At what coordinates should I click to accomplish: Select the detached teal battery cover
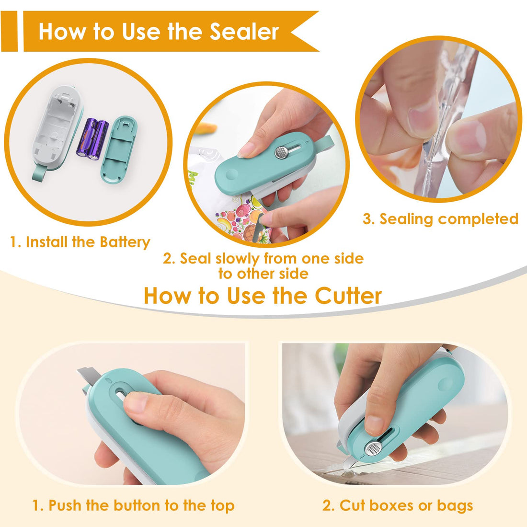point(118,149)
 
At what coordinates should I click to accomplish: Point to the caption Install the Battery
point(80,242)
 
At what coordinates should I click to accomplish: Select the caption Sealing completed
point(440,219)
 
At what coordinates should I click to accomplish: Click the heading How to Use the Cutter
point(263,295)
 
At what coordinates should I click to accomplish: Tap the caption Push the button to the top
point(133,505)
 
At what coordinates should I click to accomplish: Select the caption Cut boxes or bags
point(398,505)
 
